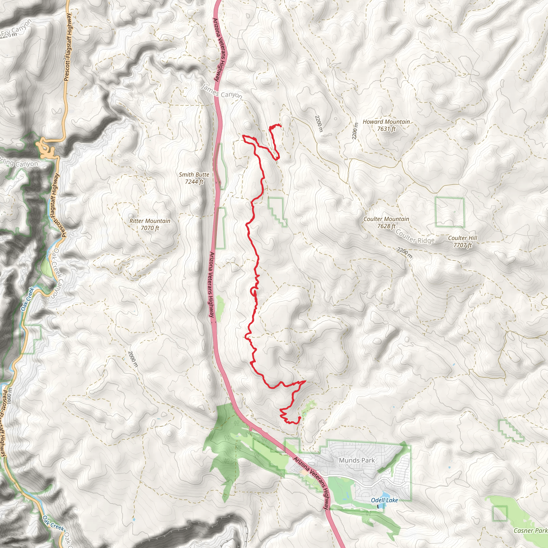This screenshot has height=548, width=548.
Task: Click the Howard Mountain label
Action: click(x=386, y=122)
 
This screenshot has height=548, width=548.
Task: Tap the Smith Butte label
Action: click(x=194, y=175)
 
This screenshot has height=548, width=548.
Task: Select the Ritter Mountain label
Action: click(x=150, y=221)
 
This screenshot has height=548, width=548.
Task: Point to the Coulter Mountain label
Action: click(x=386, y=219)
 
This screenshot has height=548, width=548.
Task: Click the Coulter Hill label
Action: click(x=463, y=238)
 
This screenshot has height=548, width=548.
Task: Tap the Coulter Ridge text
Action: click(x=415, y=237)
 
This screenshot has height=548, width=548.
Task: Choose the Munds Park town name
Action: click(x=357, y=460)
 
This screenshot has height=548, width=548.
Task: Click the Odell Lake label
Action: click(x=384, y=500)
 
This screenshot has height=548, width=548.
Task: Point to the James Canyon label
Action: click(x=222, y=92)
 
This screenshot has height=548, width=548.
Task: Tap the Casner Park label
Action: click(x=530, y=530)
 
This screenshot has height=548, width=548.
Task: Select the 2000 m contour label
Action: click(x=133, y=359)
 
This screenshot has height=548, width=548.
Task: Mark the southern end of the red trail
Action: click(x=299, y=417)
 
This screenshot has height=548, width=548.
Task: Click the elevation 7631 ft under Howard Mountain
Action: click(x=386, y=129)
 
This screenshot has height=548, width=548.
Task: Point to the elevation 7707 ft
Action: click(x=463, y=245)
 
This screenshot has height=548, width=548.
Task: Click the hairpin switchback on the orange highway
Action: click(x=45, y=149)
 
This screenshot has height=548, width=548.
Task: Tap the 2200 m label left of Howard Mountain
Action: click(x=355, y=131)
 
